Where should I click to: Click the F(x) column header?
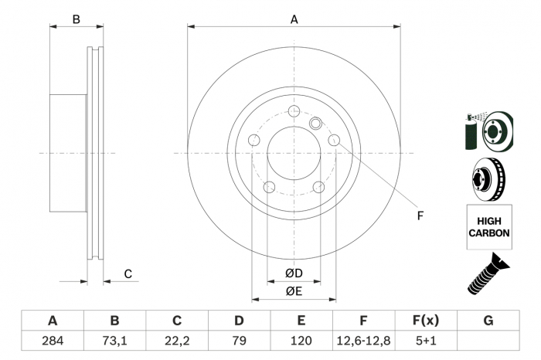tap(426, 321)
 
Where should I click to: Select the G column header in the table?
tap(488, 321)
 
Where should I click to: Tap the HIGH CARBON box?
tap(488, 226)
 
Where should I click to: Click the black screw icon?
tap(488, 276)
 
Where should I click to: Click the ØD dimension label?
tap(293, 273)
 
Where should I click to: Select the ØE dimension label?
tap(293, 290)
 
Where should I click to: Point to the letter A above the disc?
tap(294, 20)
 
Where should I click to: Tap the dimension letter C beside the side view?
tap(128, 273)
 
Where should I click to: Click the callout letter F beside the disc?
tap(420, 216)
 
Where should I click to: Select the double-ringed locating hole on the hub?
tap(315, 123)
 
